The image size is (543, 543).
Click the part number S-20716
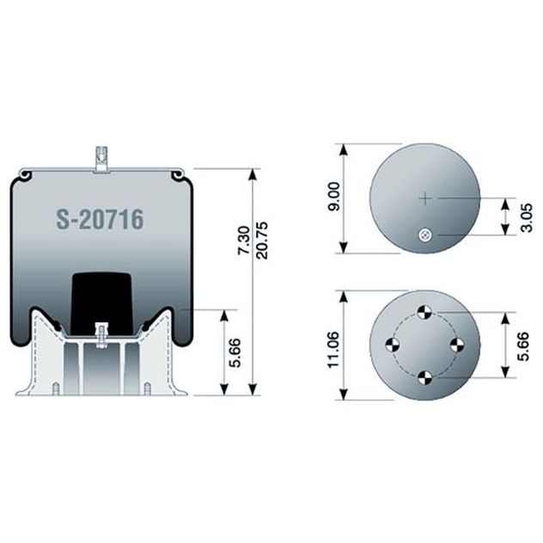click(100, 219)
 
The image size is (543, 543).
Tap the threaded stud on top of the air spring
click(100, 159)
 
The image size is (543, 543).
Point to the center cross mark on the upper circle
click(424, 198)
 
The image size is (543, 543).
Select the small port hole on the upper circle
click(424, 235)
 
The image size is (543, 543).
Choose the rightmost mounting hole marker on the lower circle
click(456, 345)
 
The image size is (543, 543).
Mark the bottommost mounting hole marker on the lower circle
click(424, 376)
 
